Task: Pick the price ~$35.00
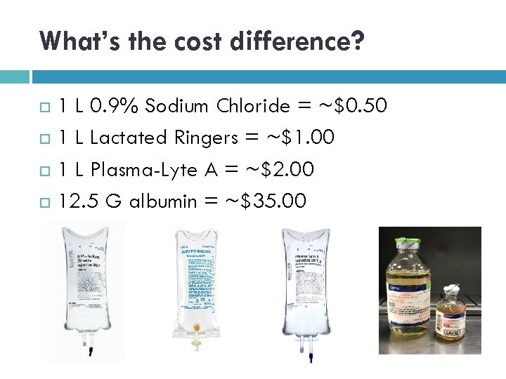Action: coord(265,201)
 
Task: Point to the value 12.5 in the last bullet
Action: coord(79,201)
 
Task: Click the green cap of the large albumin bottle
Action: coord(404,241)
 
